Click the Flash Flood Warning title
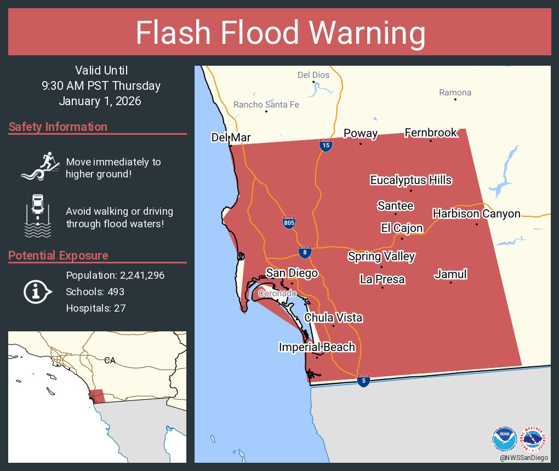tap(280, 33)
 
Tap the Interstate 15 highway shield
tap(326, 146)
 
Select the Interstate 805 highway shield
tap(289, 222)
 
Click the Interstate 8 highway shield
tap(305, 251)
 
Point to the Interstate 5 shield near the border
tap(362, 381)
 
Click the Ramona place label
tap(455, 93)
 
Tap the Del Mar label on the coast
tap(231, 137)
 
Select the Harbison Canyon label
tap(476, 214)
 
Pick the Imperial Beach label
tap(317, 347)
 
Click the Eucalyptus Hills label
tap(410, 180)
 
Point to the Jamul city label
tap(450, 274)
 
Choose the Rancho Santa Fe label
tap(266, 105)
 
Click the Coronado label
tap(277, 294)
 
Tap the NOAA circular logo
tap(504, 438)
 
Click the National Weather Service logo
tap(535, 438)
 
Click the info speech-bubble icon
tap(37, 292)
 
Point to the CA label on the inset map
tap(110, 360)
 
